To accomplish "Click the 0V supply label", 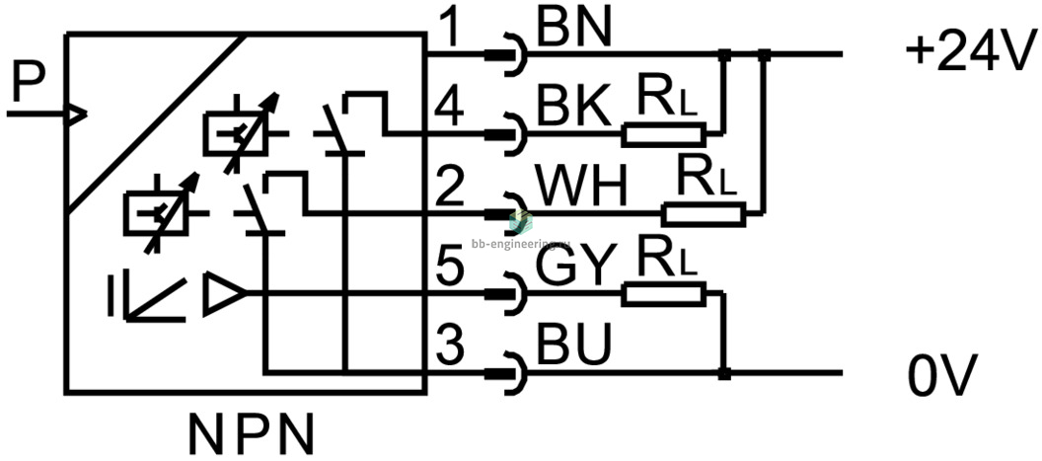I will tap(942, 375).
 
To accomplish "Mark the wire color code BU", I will tap(571, 346).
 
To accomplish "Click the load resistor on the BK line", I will tap(663, 133).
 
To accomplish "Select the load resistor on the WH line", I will tap(703, 212).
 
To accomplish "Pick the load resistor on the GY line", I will tap(663, 292).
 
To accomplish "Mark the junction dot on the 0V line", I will tap(724, 374).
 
